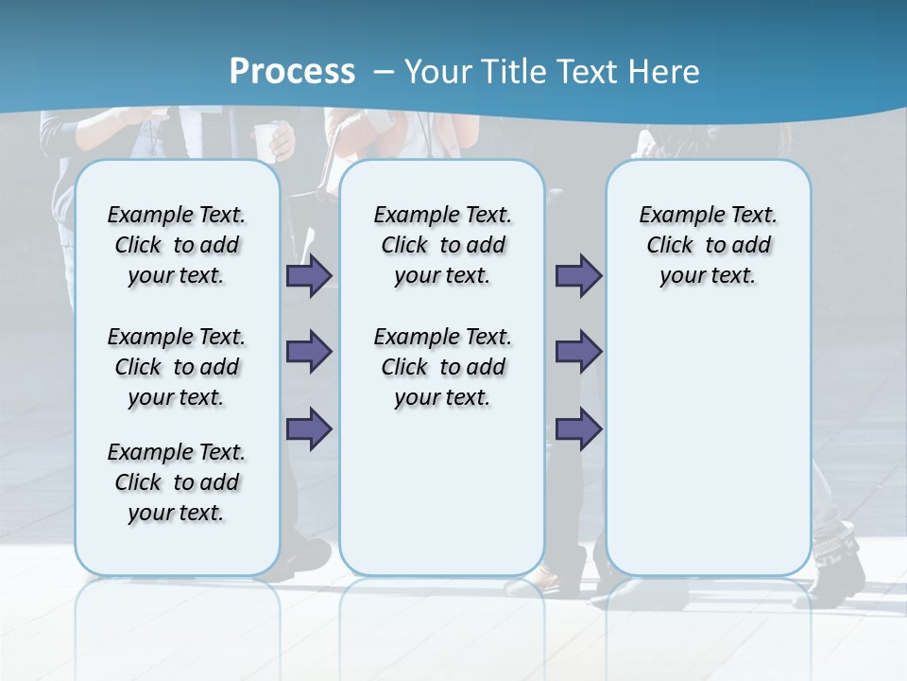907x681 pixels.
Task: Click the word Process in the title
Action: point(292,71)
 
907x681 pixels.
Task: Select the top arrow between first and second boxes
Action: point(309,275)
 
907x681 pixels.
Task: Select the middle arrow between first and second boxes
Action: point(309,352)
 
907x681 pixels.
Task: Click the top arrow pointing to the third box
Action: point(578,275)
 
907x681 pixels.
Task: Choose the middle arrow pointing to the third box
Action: point(578,352)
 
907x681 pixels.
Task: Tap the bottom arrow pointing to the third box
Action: point(578,429)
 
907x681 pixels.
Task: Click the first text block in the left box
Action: point(177,245)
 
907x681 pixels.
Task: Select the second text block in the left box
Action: point(177,367)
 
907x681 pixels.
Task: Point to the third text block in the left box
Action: point(177,482)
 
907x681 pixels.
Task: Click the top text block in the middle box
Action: point(442,245)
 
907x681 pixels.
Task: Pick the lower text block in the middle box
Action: point(442,367)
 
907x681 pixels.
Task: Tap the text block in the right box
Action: point(708,245)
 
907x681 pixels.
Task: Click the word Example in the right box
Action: point(674,216)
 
